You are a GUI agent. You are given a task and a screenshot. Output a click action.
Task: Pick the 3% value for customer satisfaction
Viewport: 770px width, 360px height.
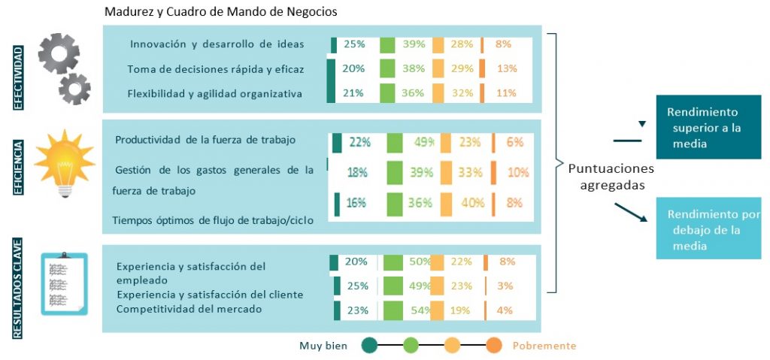(504, 286)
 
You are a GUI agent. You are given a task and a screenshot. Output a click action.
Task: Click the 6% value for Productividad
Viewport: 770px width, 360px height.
(514, 142)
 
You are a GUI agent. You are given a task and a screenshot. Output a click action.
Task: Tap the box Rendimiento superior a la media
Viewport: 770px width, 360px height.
(708, 128)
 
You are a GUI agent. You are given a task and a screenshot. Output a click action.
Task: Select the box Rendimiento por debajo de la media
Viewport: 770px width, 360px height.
(708, 228)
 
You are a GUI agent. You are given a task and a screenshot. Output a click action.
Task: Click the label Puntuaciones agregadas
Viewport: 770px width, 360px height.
(610, 176)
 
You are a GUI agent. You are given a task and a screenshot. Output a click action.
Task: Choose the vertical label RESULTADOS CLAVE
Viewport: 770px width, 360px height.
(18, 289)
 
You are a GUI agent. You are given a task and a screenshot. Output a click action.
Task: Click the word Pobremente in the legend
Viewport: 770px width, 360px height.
(544, 346)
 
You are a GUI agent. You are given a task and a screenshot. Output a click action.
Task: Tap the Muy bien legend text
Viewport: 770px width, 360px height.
(323, 346)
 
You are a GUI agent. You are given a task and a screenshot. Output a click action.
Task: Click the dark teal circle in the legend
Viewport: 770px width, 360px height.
(368, 346)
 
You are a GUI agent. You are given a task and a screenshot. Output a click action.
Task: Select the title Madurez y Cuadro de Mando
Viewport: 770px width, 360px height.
(221, 12)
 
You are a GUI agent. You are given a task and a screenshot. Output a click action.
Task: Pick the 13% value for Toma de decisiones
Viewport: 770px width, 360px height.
(506, 68)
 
